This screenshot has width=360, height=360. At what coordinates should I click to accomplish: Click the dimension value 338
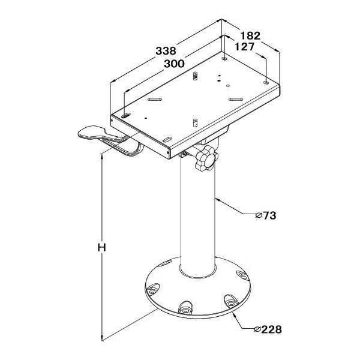(x=166, y=51)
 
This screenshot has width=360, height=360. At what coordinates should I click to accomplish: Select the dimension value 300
(x=174, y=64)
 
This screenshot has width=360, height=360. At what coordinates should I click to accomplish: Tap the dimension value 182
(x=250, y=35)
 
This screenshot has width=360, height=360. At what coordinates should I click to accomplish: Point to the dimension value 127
(x=245, y=47)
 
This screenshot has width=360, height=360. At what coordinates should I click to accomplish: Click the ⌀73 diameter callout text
(x=266, y=215)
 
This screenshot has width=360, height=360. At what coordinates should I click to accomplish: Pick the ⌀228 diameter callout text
(x=268, y=329)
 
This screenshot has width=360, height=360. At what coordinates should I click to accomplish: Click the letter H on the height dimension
(x=102, y=247)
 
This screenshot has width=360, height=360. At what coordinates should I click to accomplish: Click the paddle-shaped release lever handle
(x=98, y=134)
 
